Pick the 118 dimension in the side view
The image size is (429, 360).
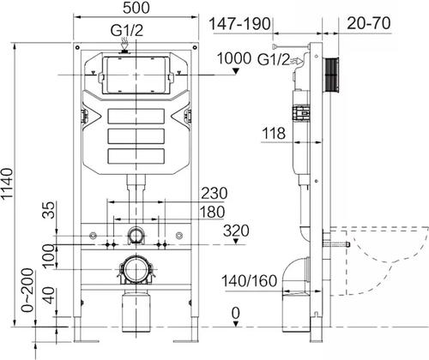point(273,133)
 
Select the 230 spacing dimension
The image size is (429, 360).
point(214,193)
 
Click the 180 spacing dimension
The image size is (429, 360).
point(213,212)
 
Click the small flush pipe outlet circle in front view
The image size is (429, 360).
point(136,235)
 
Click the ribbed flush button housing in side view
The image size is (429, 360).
point(330,77)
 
